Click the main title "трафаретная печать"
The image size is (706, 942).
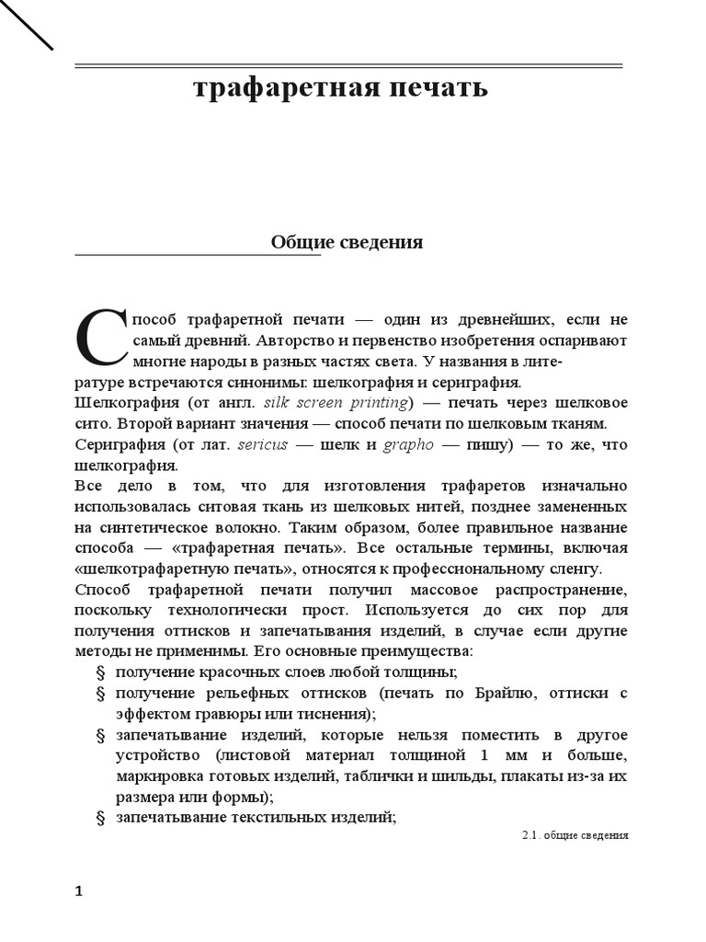pyautogui.click(x=340, y=89)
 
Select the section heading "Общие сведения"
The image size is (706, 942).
pyautogui.click(x=347, y=243)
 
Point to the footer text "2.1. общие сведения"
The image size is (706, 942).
pyautogui.click(x=575, y=836)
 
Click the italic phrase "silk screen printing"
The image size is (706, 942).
pyautogui.click(x=336, y=403)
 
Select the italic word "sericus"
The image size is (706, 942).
pyautogui.click(x=263, y=444)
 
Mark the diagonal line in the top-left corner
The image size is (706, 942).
pyautogui.click(x=26, y=25)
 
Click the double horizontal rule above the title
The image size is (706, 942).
pyautogui.click(x=347, y=65)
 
